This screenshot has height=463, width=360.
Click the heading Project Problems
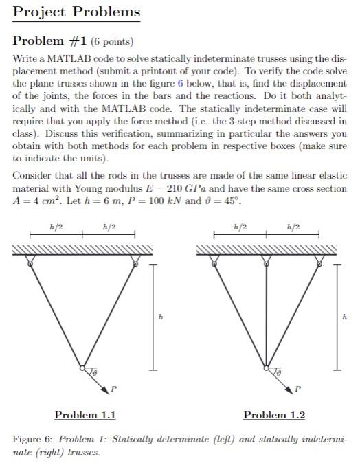click(76, 12)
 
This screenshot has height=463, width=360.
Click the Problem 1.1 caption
click(85, 415)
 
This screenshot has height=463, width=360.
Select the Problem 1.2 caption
click(274, 415)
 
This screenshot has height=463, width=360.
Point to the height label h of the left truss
click(161, 316)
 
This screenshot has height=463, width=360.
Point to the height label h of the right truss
click(345, 316)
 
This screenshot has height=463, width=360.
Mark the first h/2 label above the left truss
click(54, 227)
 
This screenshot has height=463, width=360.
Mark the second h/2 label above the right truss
click(293, 227)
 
